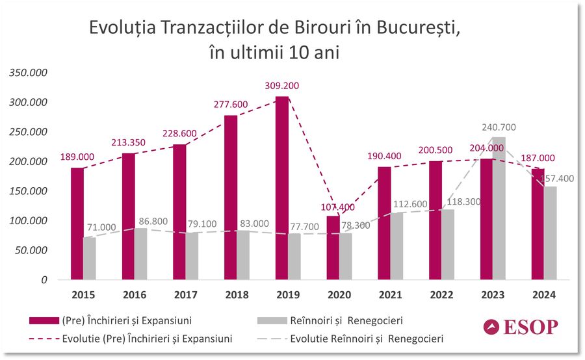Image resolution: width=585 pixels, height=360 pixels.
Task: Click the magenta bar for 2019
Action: (282, 188)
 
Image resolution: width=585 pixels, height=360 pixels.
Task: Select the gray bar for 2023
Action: (499, 208)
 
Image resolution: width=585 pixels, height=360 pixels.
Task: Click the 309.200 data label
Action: (282, 85)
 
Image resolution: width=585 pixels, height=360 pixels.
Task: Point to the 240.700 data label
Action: (499, 127)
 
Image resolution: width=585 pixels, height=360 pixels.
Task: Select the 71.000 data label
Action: (103, 227)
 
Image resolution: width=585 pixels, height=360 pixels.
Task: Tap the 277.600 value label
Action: (231, 104)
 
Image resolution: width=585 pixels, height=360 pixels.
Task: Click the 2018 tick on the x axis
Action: (237, 295)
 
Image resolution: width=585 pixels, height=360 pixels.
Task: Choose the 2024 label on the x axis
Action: (543, 295)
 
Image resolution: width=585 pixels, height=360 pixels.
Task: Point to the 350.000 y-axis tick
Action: (27, 73)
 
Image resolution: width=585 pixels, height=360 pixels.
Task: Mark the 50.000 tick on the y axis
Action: (30, 250)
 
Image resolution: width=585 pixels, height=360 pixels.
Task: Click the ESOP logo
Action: (521, 327)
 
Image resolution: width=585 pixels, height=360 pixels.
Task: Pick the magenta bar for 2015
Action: (77, 224)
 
